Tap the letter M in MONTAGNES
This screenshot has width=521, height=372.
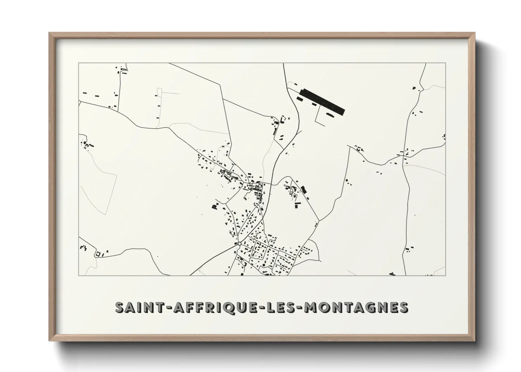point(311,307)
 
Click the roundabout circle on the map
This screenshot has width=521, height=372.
point(239,243)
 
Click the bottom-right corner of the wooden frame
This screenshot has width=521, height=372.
point(475,341)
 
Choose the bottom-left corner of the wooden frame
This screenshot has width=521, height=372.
point(49,341)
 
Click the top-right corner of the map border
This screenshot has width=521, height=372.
point(446,63)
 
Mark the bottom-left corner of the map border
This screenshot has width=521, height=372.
point(79,275)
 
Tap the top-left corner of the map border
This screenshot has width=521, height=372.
point(79,63)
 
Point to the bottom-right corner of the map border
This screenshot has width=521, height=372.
point(446,275)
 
